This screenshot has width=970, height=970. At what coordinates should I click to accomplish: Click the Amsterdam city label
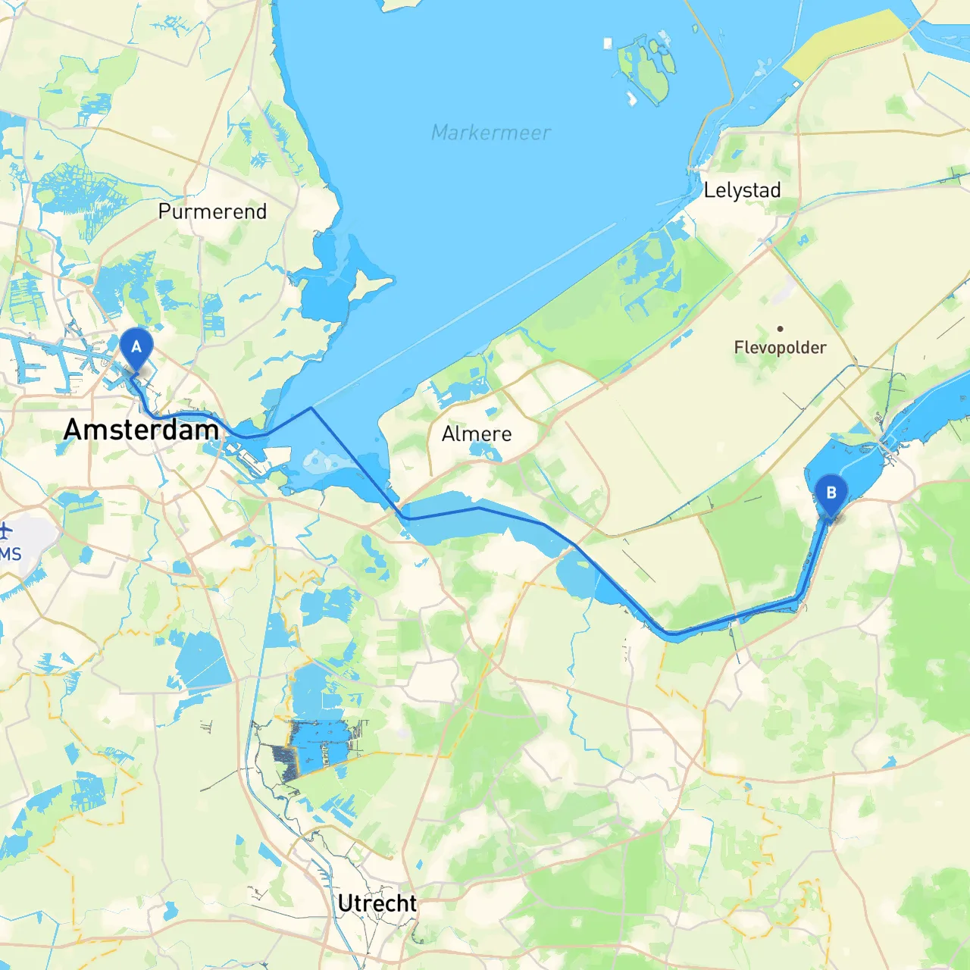(x=141, y=430)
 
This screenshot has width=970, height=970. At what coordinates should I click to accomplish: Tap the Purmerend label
(x=212, y=211)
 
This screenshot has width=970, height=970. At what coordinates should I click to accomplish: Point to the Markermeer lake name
(x=490, y=133)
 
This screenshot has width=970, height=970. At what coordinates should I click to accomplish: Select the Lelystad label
(x=742, y=190)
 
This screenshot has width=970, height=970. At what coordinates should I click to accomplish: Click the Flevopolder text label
(x=780, y=348)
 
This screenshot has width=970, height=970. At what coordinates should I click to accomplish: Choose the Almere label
(x=477, y=433)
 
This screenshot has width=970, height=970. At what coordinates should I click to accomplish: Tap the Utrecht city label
(x=377, y=903)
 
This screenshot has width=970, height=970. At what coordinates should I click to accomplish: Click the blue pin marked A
(x=136, y=348)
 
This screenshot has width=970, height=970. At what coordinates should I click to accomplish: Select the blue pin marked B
(x=831, y=493)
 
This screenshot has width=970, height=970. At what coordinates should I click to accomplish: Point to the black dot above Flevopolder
(x=780, y=329)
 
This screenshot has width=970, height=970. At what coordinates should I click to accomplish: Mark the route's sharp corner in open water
(x=311, y=408)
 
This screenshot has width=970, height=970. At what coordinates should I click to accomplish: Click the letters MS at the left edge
(x=11, y=554)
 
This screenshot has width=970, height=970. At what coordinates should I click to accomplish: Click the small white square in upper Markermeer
(x=607, y=43)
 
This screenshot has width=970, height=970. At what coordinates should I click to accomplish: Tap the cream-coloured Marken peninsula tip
(x=379, y=282)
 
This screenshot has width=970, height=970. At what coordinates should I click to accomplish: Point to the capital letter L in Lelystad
(x=709, y=190)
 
